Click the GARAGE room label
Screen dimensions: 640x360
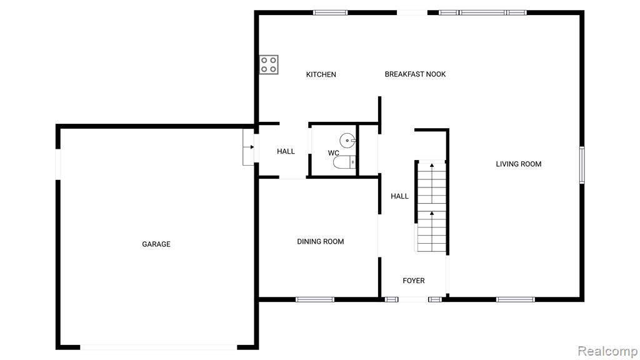pyautogui.click(x=156, y=244)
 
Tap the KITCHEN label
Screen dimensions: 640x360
pyautogui.click(x=321, y=74)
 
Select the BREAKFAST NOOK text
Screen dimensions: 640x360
pyautogui.click(x=415, y=74)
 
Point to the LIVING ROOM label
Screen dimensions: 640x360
pyautogui.click(x=519, y=164)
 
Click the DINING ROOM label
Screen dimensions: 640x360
pyautogui.click(x=321, y=242)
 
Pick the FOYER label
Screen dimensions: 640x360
pyautogui.click(x=414, y=281)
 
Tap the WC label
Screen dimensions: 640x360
pyautogui.click(x=334, y=153)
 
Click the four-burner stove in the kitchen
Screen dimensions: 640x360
pyautogui.click(x=269, y=65)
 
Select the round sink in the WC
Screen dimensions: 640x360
pyautogui.click(x=347, y=141)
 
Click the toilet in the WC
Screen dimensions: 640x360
pyautogui.click(x=344, y=162)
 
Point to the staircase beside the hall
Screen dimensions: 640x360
pyautogui.click(x=431, y=206)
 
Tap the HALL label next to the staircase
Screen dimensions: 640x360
pyautogui.click(x=399, y=196)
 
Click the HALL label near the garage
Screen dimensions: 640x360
pyautogui.click(x=286, y=151)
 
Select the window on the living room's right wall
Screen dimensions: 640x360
pyautogui.click(x=582, y=165)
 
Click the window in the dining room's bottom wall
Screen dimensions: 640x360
pyautogui.click(x=315, y=299)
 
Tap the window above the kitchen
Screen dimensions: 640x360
pyautogui.click(x=331, y=12)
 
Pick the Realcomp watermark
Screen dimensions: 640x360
pyautogui.click(x=607, y=351)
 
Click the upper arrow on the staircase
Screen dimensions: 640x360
pyautogui.click(x=431, y=165)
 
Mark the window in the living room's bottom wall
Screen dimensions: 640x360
pyautogui.click(x=516, y=299)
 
